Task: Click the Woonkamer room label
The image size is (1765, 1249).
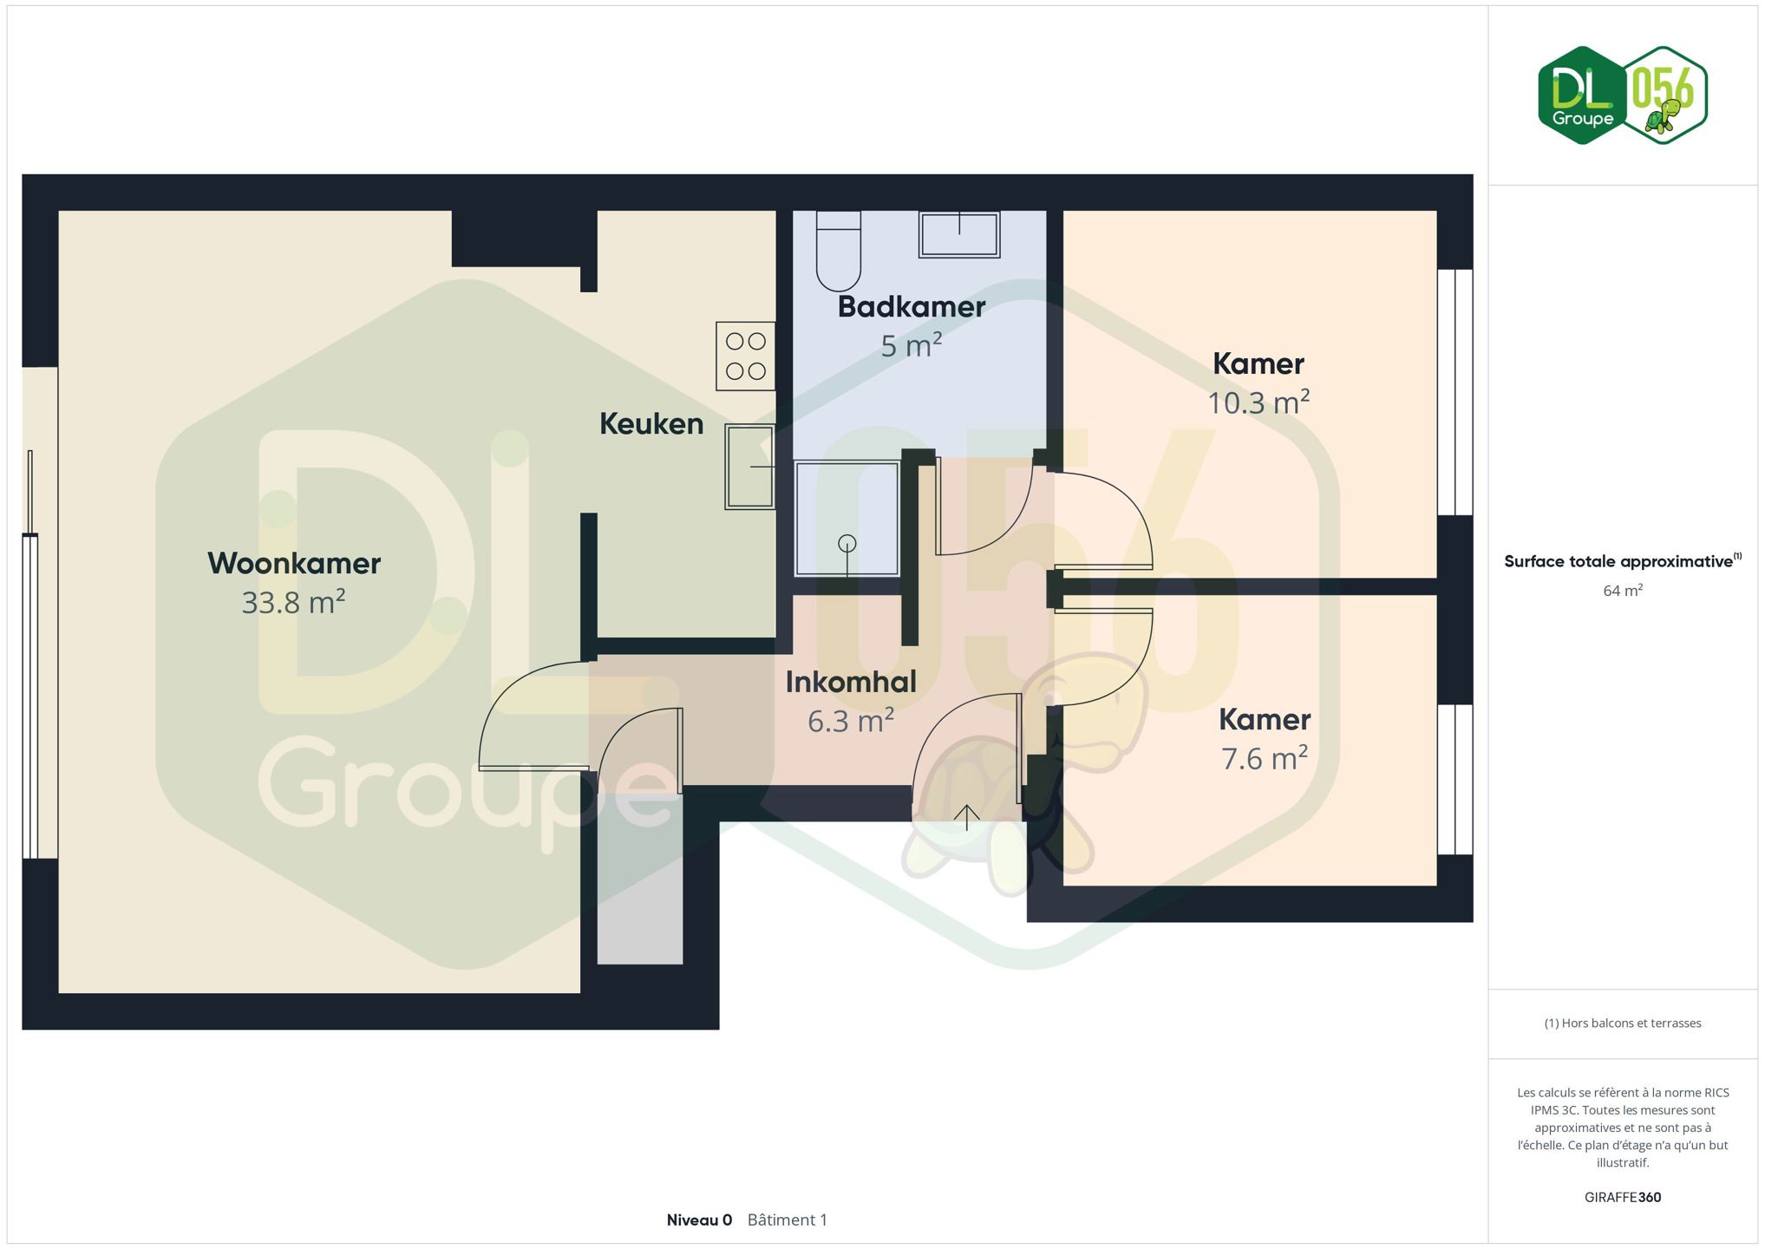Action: coord(294,564)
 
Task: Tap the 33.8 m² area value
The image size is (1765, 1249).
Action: coord(294,602)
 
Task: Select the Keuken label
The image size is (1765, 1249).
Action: coord(651,424)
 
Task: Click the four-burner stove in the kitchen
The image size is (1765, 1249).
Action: coord(745,356)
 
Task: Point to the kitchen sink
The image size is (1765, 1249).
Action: coord(749,467)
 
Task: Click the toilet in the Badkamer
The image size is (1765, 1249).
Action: coord(838,251)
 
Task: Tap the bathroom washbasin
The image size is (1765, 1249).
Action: coord(959,234)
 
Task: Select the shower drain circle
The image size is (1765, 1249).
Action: coord(847,544)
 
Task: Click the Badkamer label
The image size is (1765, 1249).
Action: coord(912,307)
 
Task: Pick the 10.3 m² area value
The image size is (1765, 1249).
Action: coord(1258,402)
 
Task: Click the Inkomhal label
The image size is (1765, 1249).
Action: coord(851,683)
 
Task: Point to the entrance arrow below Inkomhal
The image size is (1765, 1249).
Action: coord(967,818)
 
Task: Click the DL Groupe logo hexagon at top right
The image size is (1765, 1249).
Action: coord(1583,95)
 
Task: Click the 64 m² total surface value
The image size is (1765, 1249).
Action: coord(1623,591)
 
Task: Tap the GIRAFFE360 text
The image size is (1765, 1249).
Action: coord(1623,1198)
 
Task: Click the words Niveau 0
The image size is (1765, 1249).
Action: coord(699,1220)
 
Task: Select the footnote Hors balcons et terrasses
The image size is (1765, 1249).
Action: coord(1623,1023)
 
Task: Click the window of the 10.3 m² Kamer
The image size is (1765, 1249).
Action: coord(1455,392)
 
